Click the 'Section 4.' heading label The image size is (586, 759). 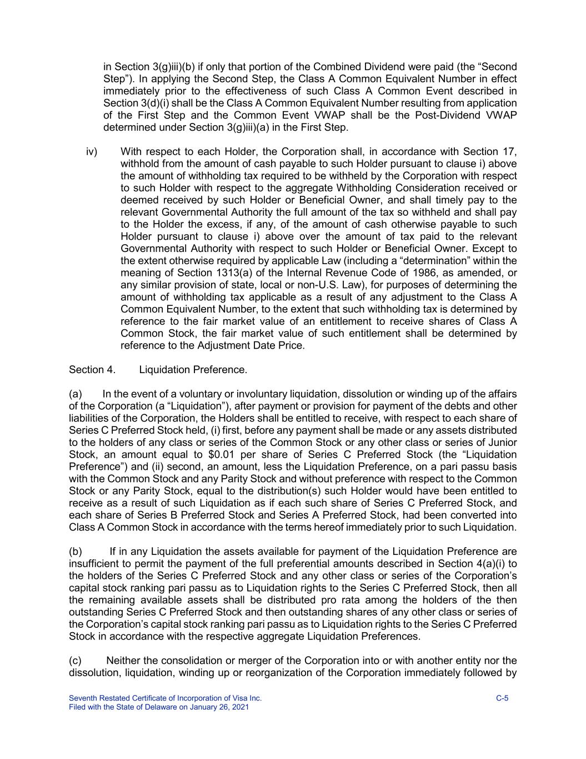(92, 370)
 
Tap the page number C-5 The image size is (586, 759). (502, 698)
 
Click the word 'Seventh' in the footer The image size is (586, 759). (82, 698)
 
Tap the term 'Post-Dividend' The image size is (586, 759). (449, 116)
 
